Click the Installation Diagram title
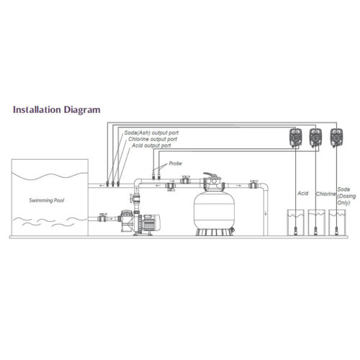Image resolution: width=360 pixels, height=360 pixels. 57,110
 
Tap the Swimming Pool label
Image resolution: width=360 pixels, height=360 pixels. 47,200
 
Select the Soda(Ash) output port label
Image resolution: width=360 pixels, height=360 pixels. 151,132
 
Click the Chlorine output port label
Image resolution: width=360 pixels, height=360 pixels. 153,139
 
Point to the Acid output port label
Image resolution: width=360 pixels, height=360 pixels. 151,145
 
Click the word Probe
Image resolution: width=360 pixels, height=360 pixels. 176,163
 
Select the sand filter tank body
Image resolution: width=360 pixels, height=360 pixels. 214,210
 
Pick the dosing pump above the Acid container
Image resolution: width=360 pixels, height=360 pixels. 295,138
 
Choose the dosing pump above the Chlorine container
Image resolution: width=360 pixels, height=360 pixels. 315,138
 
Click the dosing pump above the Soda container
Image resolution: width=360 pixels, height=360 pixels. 336,138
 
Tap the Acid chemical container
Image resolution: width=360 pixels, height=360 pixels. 296,222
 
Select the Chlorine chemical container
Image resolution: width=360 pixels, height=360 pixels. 316,222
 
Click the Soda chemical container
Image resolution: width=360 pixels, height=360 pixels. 337,222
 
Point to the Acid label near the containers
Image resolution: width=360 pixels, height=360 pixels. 303,193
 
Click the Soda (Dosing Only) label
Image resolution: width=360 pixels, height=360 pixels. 346,196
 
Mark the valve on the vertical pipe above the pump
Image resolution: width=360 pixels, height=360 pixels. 135,198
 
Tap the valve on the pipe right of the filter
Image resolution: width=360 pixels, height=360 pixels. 253,184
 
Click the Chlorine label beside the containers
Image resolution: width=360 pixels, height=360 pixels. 325,194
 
